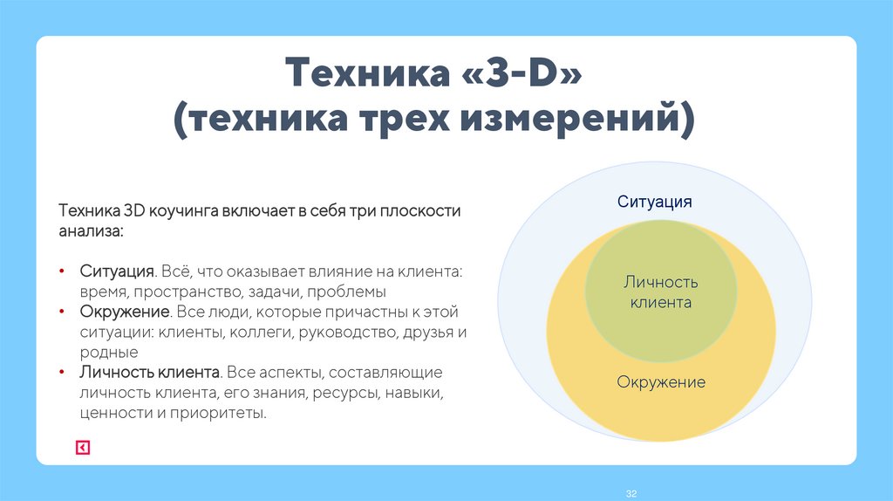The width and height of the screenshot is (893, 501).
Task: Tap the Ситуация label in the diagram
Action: (654, 202)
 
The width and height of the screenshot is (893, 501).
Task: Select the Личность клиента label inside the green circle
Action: (660, 292)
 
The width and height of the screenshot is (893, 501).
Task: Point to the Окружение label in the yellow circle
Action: (660, 382)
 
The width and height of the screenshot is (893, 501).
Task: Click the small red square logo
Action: (82, 448)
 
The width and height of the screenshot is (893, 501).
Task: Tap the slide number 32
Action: (632, 494)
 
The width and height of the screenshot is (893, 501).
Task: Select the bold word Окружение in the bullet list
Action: (123, 312)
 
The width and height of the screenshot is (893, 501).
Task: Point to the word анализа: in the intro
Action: (91, 232)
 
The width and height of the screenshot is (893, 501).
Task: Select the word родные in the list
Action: (109, 353)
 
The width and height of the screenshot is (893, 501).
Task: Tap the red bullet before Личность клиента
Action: (62, 373)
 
